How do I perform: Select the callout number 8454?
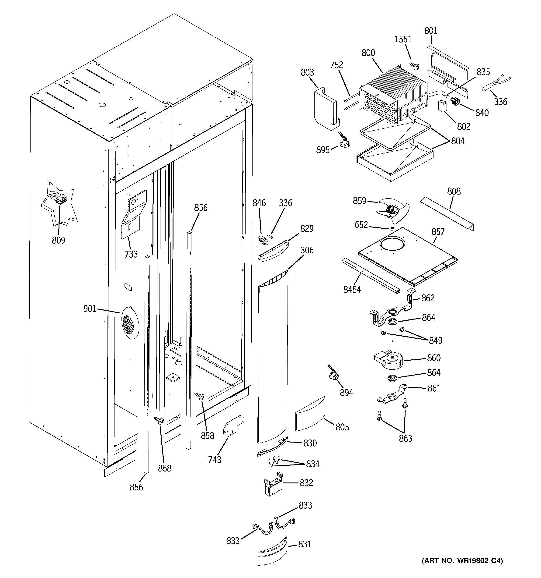pos(352,289)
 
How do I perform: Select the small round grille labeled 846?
pos(262,241)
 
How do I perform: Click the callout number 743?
pos(215,460)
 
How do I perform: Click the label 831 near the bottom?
pos(305,544)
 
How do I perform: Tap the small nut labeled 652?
pos(392,229)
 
